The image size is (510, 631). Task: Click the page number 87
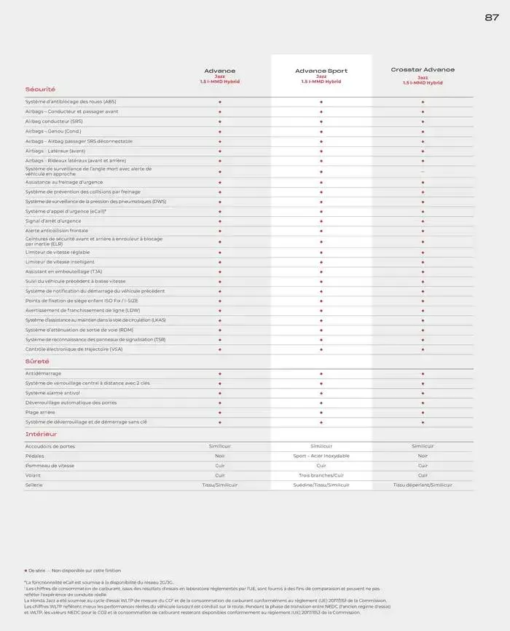point(492,17)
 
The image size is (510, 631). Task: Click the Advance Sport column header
point(321,71)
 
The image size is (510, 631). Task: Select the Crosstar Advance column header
point(423,70)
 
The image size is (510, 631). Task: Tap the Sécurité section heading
point(40,89)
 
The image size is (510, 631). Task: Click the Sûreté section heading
point(37,361)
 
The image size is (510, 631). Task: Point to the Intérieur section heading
point(41,434)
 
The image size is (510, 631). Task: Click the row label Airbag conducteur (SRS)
point(54,122)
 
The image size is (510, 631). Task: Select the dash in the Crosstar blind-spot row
point(423,171)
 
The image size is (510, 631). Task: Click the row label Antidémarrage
point(43,373)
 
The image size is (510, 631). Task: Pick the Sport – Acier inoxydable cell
point(321,456)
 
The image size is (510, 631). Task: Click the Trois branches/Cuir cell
point(321,475)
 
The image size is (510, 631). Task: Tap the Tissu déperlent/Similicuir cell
point(423,485)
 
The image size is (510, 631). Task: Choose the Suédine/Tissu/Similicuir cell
point(321,485)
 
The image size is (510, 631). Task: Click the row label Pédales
point(34,456)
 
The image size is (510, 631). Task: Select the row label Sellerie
point(34,485)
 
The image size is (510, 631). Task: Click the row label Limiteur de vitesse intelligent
point(60,262)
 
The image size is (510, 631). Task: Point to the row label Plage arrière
point(40,412)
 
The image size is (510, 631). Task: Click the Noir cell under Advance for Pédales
point(219,456)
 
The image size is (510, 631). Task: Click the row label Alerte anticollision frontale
point(57,231)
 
